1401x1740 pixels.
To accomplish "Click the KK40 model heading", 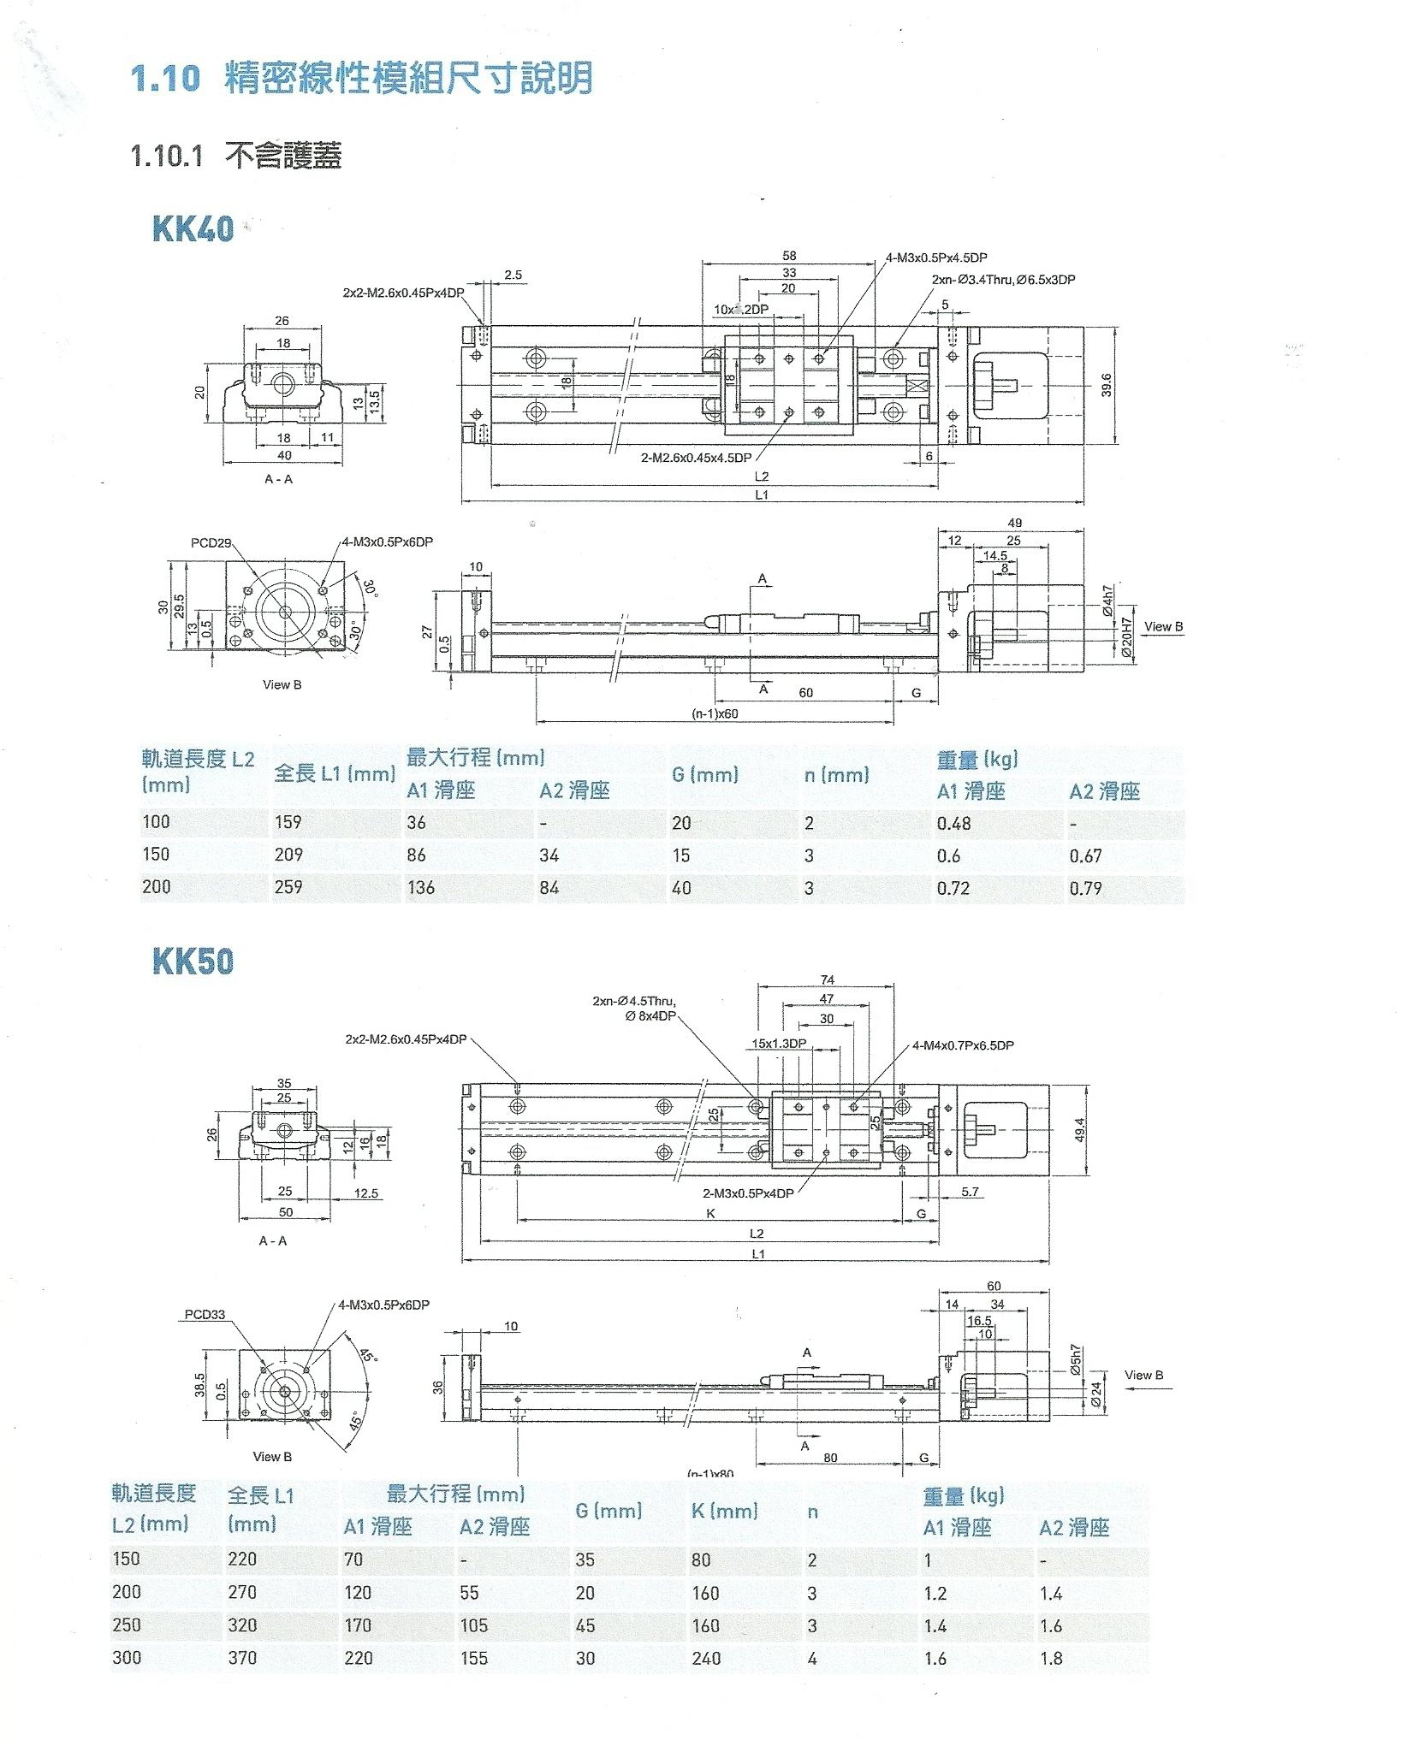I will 193,228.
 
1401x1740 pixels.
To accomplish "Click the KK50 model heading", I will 193,961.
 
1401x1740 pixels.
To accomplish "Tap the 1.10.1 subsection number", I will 166,156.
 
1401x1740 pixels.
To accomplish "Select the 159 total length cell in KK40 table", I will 288,822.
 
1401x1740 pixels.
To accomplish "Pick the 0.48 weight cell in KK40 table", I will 953,823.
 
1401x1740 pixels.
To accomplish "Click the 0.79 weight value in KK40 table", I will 1085,888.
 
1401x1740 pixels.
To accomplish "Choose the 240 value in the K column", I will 706,1658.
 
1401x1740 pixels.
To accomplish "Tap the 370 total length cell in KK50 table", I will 242,1658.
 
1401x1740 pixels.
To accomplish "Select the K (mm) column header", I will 724,1511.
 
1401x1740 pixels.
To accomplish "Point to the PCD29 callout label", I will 211,543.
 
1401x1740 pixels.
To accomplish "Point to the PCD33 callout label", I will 205,1314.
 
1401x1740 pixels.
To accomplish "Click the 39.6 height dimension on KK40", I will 1107,385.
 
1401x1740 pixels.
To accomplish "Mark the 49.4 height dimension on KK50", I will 1079,1130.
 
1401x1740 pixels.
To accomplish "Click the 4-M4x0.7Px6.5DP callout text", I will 962,1045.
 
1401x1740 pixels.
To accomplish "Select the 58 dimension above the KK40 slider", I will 788,256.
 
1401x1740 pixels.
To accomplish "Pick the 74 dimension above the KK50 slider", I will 827,980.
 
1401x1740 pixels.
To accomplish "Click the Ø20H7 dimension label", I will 1127,637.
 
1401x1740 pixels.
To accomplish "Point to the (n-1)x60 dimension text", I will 715,714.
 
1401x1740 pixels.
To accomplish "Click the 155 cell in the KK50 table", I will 473,1658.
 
